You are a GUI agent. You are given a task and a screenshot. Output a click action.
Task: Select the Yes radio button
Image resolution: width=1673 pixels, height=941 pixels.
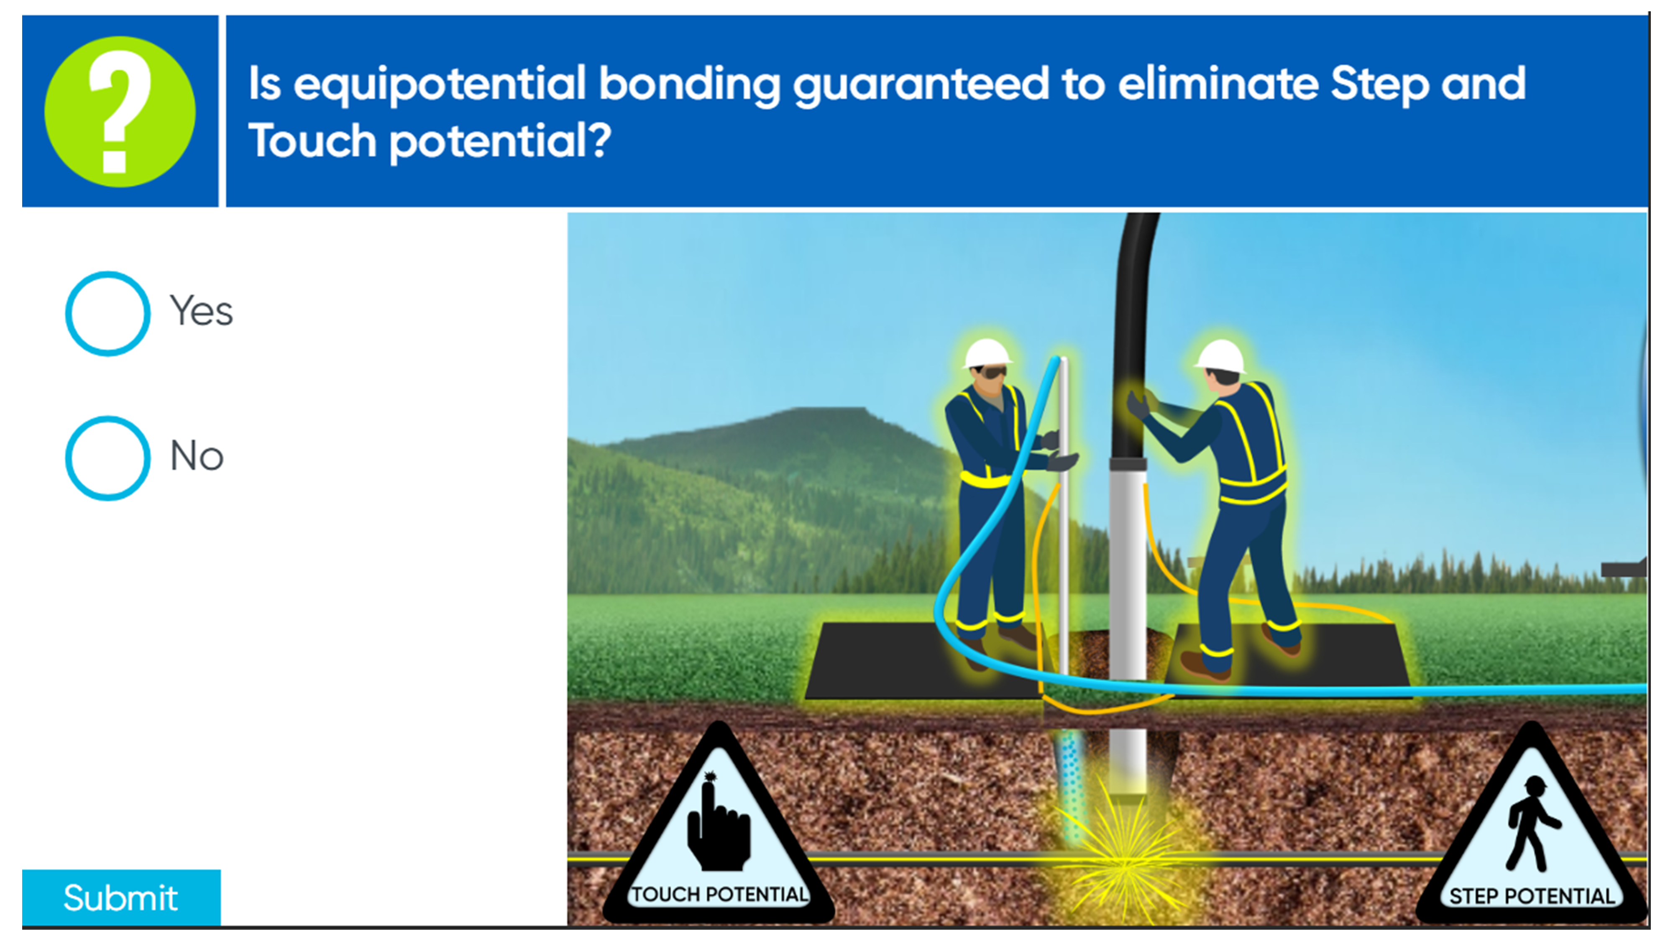[108, 314]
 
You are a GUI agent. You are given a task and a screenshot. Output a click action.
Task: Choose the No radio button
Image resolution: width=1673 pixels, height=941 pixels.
[108, 458]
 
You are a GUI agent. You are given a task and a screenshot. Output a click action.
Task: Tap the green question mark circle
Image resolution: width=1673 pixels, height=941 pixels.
[120, 112]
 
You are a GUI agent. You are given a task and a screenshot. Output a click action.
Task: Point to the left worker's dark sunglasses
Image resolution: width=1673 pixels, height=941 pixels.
[994, 372]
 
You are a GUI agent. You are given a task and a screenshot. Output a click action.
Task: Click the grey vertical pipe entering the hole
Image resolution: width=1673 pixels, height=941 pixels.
[1128, 624]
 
